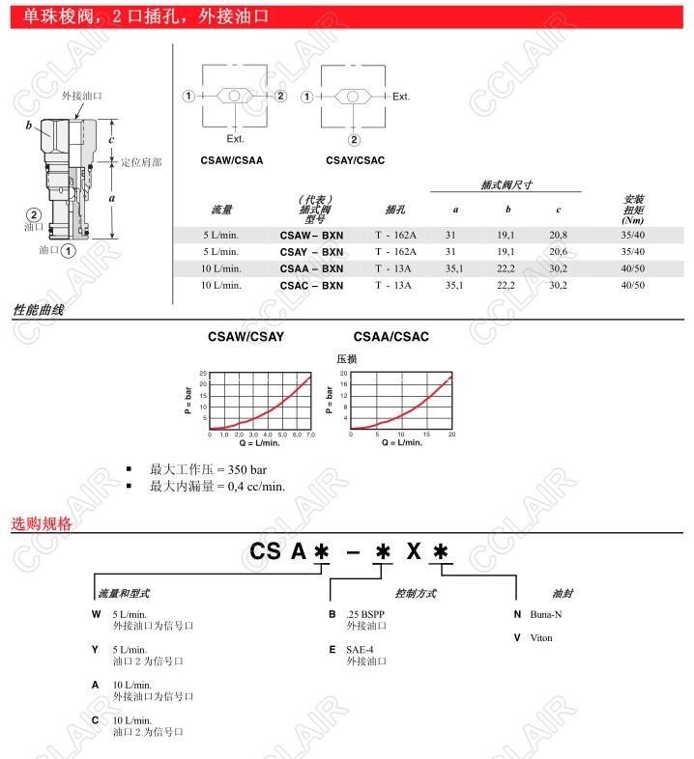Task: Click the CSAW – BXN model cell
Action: (311, 236)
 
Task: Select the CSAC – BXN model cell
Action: (311, 286)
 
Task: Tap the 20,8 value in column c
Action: (558, 235)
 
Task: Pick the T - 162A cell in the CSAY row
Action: (395, 252)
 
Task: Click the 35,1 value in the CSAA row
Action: (454, 268)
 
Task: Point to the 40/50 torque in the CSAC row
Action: (633, 285)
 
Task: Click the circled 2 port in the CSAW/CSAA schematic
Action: (280, 96)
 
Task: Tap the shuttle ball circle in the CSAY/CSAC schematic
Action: (353, 97)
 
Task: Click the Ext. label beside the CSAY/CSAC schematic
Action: (401, 97)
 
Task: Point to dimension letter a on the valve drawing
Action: (112, 198)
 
